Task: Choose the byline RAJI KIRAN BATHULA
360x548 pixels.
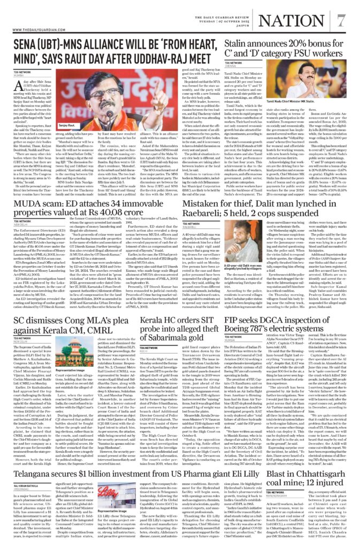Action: [27, 483]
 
